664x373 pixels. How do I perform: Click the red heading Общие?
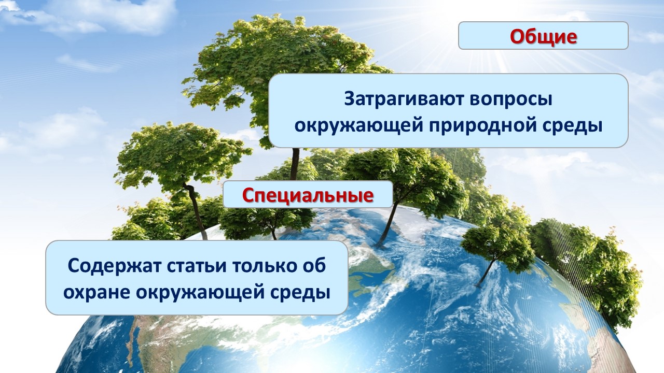click(543, 37)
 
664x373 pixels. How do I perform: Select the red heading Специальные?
click(308, 195)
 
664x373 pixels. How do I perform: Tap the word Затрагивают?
click(404, 99)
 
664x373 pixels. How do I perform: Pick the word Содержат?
click(114, 266)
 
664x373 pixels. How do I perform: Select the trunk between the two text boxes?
click(273, 232)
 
